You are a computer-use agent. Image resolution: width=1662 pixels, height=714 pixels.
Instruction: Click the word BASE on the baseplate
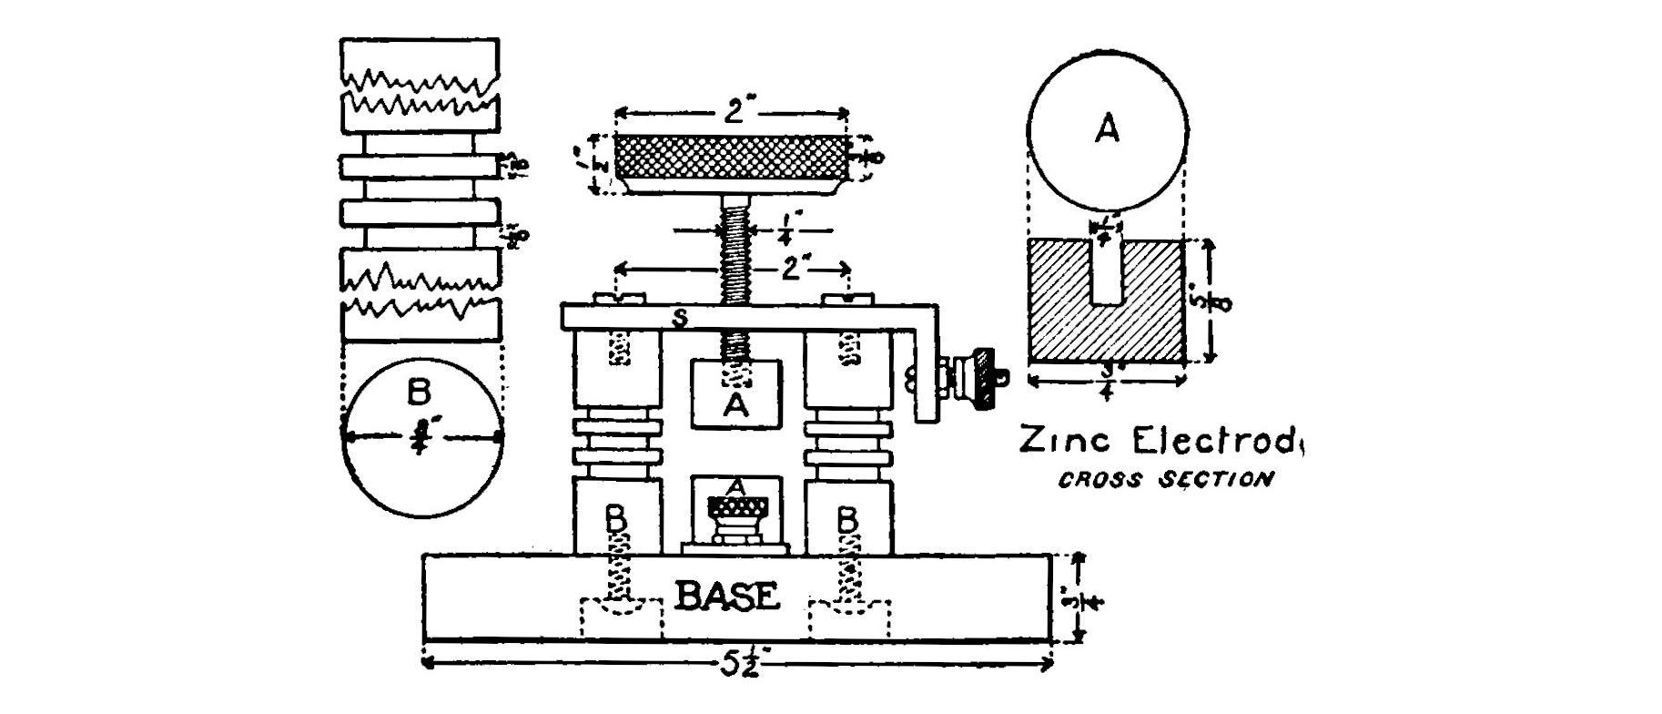pos(728,597)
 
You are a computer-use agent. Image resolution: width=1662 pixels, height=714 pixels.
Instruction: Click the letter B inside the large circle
pos(419,392)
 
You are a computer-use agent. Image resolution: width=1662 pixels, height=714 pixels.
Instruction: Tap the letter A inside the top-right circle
pos(1106,130)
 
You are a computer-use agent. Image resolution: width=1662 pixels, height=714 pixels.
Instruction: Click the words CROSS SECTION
pos(1165,479)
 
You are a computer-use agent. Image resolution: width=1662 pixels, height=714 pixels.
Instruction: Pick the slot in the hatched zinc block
pos(1106,271)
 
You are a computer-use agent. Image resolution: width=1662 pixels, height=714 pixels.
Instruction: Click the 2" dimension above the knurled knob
pos(734,115)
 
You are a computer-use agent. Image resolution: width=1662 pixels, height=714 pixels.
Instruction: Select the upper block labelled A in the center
pos(735,394)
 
